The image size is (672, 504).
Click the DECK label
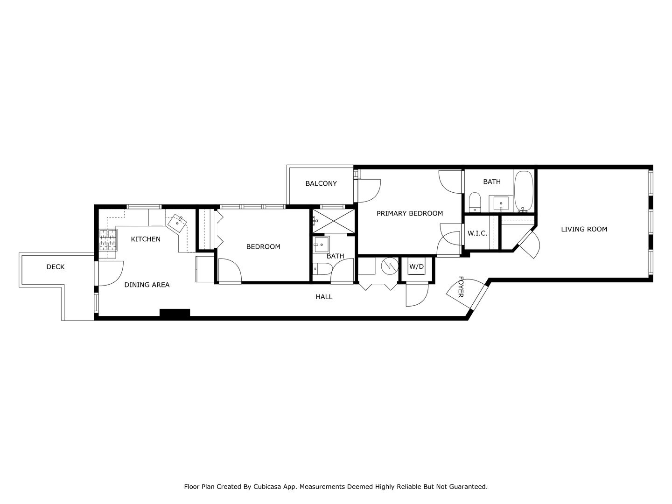click(x=56, y=267)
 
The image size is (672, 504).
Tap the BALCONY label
click(x=321, y=183)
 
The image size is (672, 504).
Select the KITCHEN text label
click(x=146, y=239)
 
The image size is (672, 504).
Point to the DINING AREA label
click(x=147, y=285)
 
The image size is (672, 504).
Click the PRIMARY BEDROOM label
click(x=410, y=213)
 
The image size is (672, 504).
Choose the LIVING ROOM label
click(x=584, y=229)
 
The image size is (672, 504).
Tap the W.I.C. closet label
click(x=477, y=233)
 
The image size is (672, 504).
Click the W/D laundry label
click(x=417, y=266)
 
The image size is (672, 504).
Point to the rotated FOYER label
click(x=461, y=287)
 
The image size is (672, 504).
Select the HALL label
click(x=324, y=296)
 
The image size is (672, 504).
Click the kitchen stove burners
click(x=108, y=240)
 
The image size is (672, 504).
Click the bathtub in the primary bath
click(x=524, y=191)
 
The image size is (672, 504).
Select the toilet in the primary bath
click(x=475, y=202)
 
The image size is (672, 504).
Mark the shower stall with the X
click(x=333, y=221)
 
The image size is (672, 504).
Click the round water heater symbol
click(x=390, y=266)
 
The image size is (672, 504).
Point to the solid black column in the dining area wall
click(x=175, y=313)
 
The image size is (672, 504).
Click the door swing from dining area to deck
click(x=111, y=273)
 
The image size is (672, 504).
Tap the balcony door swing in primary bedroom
click(x=369, y=191)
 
